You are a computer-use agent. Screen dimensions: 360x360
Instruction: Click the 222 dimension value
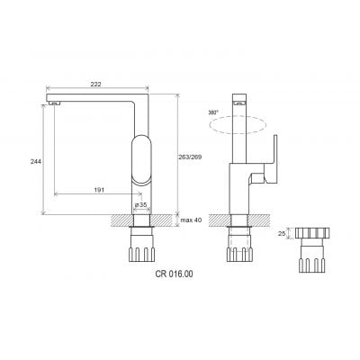click(95, 84)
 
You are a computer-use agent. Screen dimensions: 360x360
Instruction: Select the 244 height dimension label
click(35, 161)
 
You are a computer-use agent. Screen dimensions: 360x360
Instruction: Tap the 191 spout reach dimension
click(99, 190)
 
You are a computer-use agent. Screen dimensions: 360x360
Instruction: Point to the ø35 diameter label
click(140, 204)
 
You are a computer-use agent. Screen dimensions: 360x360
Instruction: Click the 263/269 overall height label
click(191, 157)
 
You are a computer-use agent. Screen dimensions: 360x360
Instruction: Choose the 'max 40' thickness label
click(191, 220)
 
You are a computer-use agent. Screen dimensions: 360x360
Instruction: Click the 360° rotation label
click(213, 112)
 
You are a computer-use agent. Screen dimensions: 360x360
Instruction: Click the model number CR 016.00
click(174, 274)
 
